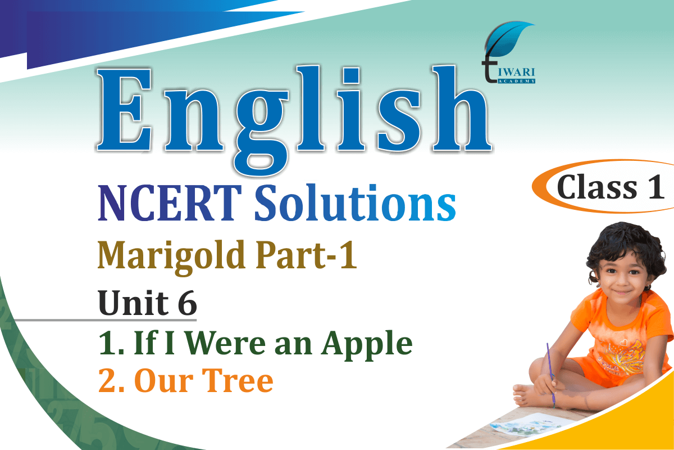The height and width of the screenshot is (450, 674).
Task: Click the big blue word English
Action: point(294,118)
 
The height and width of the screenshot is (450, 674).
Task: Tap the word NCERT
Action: point(170,203)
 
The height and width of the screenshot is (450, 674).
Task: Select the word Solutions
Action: point(355,202)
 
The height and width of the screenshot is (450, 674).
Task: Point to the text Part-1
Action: point(306,255)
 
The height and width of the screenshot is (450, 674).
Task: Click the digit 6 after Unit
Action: point(187,303)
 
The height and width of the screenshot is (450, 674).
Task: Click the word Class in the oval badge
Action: point(596,187)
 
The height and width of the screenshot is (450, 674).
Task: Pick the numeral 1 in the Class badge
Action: point(656,187)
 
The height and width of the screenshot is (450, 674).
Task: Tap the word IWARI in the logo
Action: point(516,73)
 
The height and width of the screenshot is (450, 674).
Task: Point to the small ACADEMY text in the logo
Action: point(516,81)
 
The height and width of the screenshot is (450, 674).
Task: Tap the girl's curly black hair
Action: point(626,247)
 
